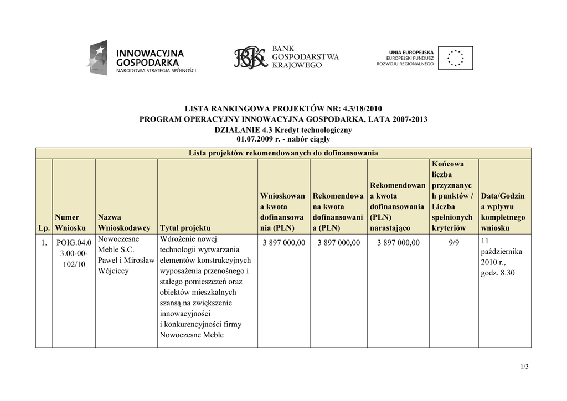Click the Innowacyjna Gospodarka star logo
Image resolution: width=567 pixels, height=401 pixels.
point(97,58)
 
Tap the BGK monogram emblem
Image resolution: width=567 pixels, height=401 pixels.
point(250,58)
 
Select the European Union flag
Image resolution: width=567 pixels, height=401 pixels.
point(455,58)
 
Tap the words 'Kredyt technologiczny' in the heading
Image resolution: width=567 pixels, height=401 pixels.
point(315,129)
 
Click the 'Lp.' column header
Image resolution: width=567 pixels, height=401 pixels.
point(44,228)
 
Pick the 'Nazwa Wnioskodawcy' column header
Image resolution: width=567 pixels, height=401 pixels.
point(123,222)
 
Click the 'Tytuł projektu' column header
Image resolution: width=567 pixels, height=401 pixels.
point(185,228)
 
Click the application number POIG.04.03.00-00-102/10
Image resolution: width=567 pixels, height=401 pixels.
point(73,253)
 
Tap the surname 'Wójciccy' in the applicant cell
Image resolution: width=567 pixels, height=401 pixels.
point(113,271)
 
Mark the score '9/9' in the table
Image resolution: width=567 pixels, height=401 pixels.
point(454,243)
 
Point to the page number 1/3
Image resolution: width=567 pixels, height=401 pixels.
point(524,367)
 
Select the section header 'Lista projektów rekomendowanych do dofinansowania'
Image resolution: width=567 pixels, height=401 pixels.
point(283,153)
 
